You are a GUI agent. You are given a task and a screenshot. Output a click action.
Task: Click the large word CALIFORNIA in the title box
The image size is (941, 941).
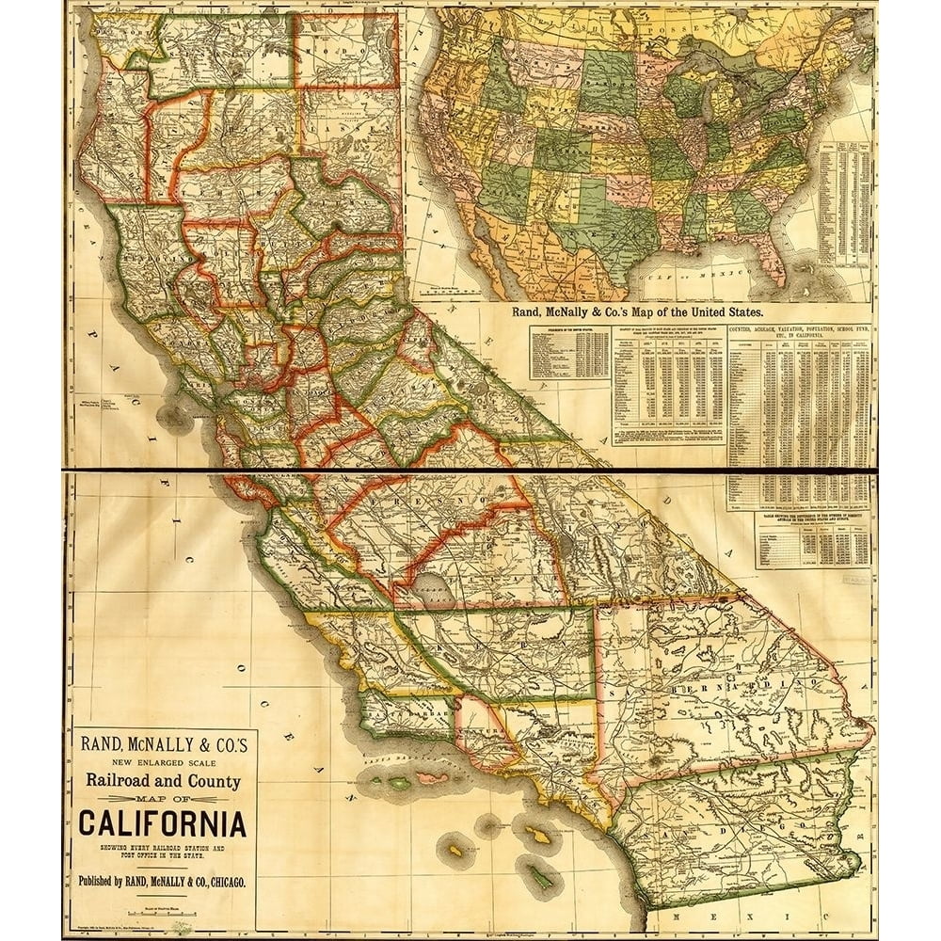click(x=162, y=823)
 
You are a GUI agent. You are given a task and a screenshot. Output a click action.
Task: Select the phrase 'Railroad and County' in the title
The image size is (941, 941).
click(x=164, y=780)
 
